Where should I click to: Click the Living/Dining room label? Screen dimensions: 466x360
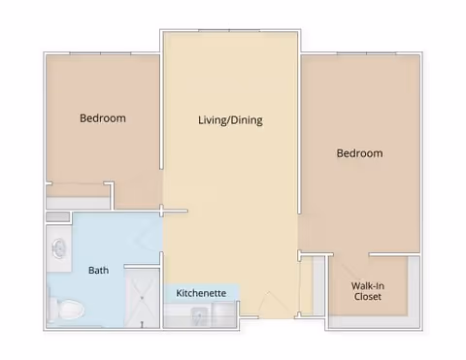[230, 120]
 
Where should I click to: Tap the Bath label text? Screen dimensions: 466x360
[98, 270]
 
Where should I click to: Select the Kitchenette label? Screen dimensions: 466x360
[201, 293]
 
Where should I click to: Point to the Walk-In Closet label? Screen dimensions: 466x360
[368, 291]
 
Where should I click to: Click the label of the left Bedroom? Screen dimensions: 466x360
[103, 118]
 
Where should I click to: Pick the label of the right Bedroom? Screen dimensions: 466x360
[359, 153]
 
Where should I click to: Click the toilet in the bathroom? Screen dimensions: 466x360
[66, 310]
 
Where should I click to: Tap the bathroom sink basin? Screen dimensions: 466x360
[58, 248]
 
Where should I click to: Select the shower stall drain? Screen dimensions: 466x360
[142, 298]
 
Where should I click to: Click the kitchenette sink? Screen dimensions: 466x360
[198, 315]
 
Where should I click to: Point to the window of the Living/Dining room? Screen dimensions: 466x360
[229, 31]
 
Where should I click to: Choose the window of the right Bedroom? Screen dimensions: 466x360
[366, 53]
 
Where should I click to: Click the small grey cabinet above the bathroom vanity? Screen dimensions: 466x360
[58, 216]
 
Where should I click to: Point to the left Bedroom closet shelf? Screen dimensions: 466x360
[78, 203]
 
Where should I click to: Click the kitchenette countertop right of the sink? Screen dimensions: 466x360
[224, 315]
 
